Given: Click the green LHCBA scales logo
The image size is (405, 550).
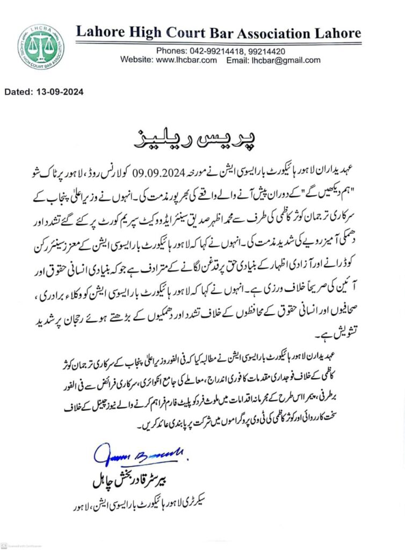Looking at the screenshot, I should (40, 47).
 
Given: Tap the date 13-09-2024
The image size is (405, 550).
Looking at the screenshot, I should (60, 92).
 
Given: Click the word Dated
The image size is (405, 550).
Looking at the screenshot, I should (19, 92).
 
